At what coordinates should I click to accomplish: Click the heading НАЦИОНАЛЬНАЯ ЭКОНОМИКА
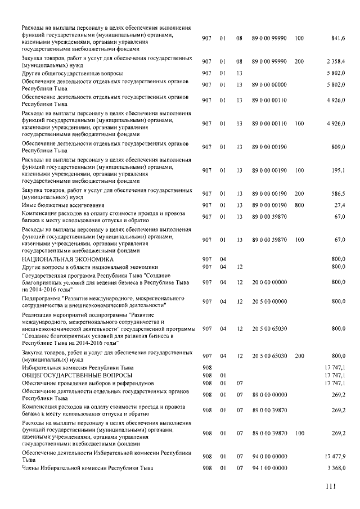click(x=67, y=259)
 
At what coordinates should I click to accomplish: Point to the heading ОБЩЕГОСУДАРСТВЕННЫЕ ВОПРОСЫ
click(x=77, y=375)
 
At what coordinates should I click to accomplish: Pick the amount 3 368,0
click(x=336, y=468)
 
